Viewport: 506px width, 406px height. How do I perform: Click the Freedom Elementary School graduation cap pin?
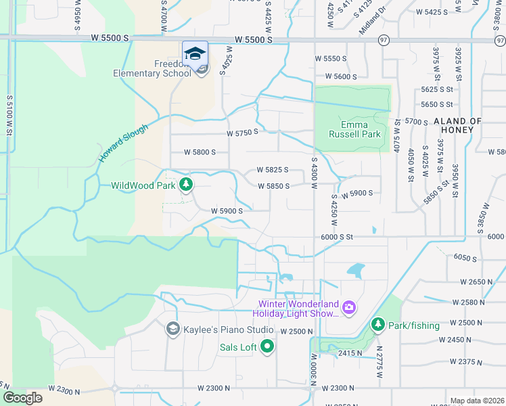tap(195, 53)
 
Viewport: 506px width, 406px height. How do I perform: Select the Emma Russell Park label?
tap(345, 129)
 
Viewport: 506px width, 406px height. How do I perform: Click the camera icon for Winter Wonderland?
tap(349, 308)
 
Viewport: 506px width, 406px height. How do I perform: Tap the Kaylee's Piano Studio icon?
tap(172, 329)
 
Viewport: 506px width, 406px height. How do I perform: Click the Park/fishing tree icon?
tap(378, 325)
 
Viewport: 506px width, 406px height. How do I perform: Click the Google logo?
tap(23, 398)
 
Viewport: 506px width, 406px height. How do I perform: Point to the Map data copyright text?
tap(477, 401)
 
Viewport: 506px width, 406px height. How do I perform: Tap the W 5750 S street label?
tap(243, 133)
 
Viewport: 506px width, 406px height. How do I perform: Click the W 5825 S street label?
tap(273, 170)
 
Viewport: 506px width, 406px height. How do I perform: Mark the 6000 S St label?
tap(338, 237)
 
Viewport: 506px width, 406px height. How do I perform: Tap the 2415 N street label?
tap(350, 353)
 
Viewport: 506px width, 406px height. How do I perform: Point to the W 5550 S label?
tap(340, 59)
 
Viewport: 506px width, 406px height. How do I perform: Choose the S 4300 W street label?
tap(314, 173)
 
